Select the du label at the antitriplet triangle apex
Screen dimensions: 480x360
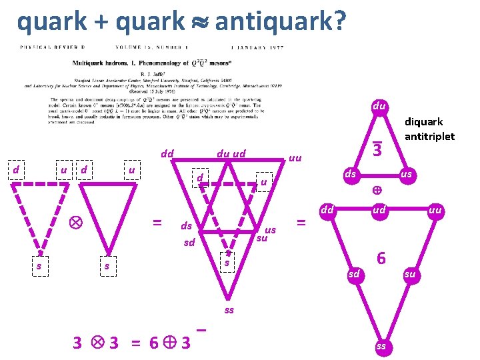click(378, 105)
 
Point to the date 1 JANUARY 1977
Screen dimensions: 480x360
click(256, 47)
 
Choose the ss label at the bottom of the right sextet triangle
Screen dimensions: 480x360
click(381, 347)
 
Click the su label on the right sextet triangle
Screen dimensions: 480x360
click(410, 273)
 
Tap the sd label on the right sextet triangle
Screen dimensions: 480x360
click(354, 273)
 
